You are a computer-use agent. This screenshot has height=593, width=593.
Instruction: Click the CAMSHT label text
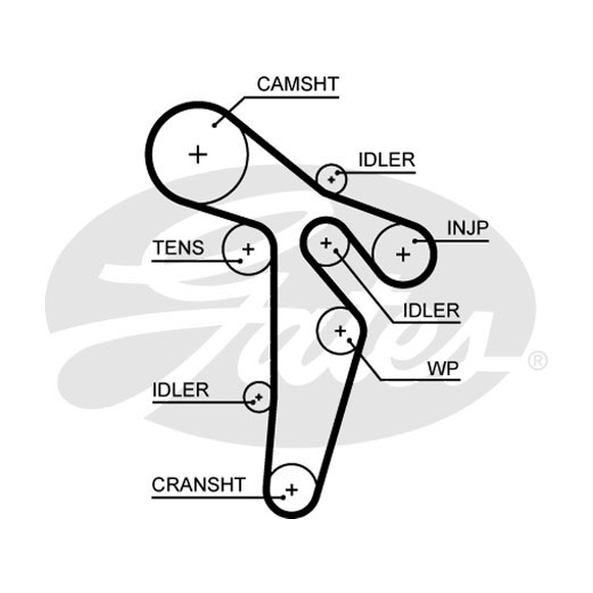click(298, 85)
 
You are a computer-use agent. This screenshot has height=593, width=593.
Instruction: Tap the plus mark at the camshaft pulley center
click(198, 154)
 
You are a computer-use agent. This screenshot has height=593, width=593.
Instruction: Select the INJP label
click(468, 228)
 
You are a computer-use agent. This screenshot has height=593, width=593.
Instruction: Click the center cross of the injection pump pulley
click(402, 254)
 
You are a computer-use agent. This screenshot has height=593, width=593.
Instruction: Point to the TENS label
click(179, 248)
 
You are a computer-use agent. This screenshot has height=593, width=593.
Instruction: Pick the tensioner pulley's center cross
click(248, 249)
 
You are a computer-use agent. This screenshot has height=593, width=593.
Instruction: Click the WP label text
click(443, 368)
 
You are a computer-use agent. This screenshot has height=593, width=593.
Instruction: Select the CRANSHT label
click(199, 485)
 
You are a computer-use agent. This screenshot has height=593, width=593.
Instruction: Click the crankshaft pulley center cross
click(291, 490)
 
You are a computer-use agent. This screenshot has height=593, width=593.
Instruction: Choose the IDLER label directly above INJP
click(386, 160)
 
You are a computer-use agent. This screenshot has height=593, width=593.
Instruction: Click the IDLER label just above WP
click(431, 311)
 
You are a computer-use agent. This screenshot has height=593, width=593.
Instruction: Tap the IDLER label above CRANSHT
click(180, 390)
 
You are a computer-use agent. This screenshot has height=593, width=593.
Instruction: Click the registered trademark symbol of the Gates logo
click(537, 360)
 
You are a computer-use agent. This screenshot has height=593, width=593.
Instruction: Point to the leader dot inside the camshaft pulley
click(214, 125)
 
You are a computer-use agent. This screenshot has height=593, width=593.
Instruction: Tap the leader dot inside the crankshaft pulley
click(283, 497)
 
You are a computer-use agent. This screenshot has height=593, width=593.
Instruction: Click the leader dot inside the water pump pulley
click(349, 340)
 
